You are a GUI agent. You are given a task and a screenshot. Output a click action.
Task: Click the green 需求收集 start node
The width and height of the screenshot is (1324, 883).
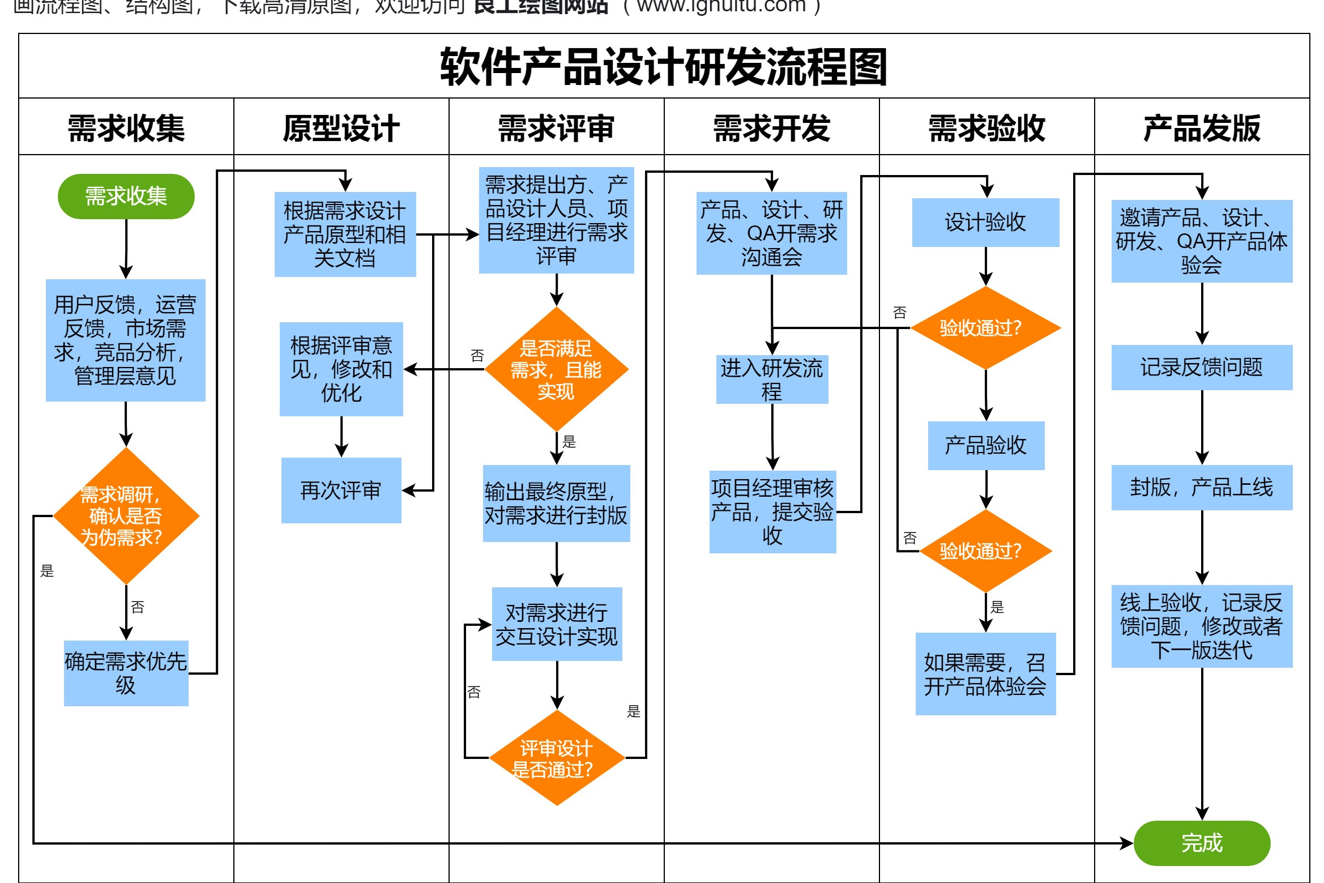pyautogui.click(x=126, y=197)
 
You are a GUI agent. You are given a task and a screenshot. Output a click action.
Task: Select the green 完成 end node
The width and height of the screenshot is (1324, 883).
pyautogui.click(x=1201, y=843)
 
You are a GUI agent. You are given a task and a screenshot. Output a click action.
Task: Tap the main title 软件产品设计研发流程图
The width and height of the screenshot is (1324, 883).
pyautogui.click(x=663, y=67)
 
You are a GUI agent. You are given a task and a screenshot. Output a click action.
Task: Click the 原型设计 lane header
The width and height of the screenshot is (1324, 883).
pyautogui.click(x=341, y=128)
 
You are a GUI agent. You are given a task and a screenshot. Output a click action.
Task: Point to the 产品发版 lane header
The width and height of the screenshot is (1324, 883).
pyautogui.click(x=1201, y=128)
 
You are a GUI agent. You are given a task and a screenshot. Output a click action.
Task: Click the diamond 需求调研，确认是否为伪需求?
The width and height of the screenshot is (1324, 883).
pyautogui.click(x=126, y=516)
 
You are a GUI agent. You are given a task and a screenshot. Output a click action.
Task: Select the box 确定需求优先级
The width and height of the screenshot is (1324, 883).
pyautogui.click(x=126, y=673)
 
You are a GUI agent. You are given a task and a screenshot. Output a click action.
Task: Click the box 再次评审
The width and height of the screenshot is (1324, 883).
pyautogui.click(x=341, y=490)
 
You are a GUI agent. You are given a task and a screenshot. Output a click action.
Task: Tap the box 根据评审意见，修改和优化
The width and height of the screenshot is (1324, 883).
pyautogui.click(x=341, y=369)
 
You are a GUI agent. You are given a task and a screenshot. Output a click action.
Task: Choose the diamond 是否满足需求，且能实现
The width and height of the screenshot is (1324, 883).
pyautogui.click(x=556, y=369)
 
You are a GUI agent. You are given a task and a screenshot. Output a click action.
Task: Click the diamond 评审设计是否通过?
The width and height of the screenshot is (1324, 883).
pyautogui.click(x=556, y=758)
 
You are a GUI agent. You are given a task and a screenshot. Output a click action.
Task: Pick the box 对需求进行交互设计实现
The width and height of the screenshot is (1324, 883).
pyautogui.click(x=556, y=624)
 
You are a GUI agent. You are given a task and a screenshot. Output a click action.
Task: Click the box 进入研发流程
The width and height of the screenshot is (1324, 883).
pyautogui.click(x=772, y=379)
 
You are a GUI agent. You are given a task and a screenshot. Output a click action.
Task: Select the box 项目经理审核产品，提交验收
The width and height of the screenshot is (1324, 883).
pyautogui.click(x=772, y=511)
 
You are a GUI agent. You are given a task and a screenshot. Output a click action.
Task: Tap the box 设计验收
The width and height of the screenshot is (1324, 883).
pyautogui.click(x=985, y=222)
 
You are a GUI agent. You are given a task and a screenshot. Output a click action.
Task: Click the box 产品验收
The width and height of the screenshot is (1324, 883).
pyautogui.click(x=985, y=445)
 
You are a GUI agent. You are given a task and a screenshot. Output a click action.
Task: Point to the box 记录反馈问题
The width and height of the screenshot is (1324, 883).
pyautogui.click(x=1201, y=367)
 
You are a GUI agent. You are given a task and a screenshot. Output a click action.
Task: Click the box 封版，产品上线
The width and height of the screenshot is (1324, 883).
pyautogui.click(x=1201, y=487)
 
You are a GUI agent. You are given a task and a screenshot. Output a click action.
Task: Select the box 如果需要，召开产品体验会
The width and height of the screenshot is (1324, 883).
pyautogui.click(x=985, y=674)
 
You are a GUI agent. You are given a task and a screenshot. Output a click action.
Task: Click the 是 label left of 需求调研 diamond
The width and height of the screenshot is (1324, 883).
pyautogui.click(x=47, y=571)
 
